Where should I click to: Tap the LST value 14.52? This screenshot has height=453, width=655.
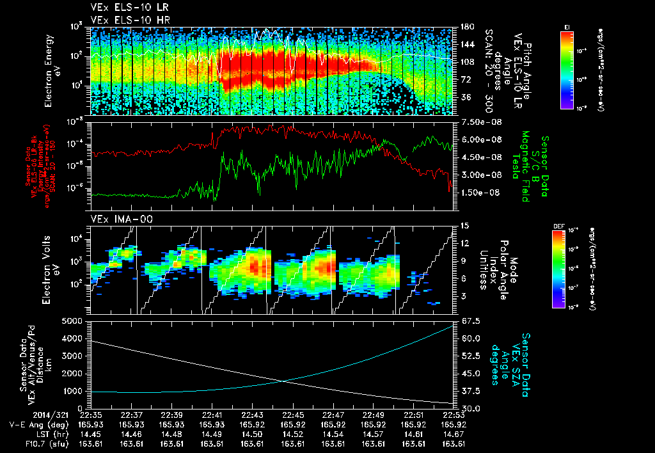coord(293,434)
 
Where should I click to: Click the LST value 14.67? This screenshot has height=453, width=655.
coord(454,434)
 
